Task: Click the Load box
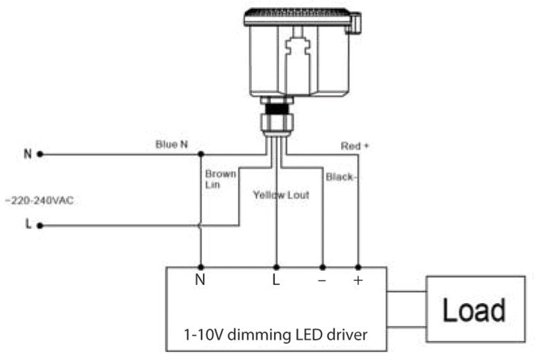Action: click(x=476, y=309)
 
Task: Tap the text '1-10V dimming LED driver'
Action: click(x=275, y=335)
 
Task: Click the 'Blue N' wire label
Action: click(x=172, y=144)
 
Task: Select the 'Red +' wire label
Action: click(x=355, y=146)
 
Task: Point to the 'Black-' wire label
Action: click(x=341, y=177)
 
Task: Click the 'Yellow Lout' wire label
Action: click(x=281, y=195)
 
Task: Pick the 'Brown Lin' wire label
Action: click(x=220, y=179)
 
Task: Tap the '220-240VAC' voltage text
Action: click(x=40, y=200)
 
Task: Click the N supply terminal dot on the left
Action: click(x=40, y=155)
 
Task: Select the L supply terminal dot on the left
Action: click(x=40, y=226)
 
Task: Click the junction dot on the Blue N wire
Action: click(x=201, y=154)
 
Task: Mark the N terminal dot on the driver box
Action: click(x=201, y=267)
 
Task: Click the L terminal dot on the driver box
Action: click(x=277, y=267)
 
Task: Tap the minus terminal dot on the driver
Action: click(x=322, y=267)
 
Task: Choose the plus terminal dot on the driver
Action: click(x=358, y=267)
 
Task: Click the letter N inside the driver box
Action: click(x=200, y=280)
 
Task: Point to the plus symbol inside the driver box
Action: click(x=358, y=280)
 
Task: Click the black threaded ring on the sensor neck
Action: click(x=277, y=109)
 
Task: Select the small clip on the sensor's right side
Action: click(x=355, y=23)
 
